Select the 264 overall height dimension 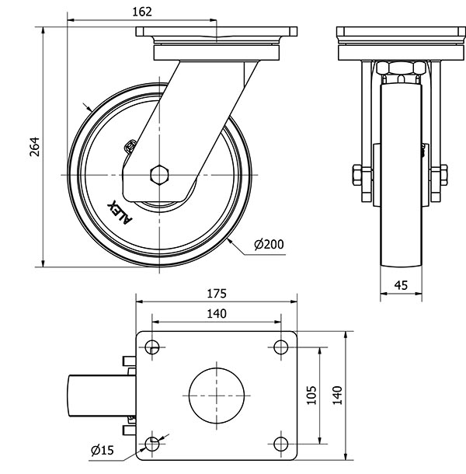point(34,148)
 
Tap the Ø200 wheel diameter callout point(269,245)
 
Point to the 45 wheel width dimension point(402,285)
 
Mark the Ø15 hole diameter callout point(103,449)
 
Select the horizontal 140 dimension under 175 point(216,313)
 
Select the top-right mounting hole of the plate point(280,347)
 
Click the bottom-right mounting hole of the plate point(280,443)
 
